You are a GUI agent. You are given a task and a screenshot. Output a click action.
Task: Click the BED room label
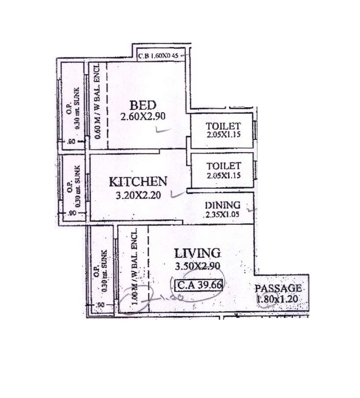coord(142,106)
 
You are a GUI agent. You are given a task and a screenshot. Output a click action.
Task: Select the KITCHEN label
coord(138,182)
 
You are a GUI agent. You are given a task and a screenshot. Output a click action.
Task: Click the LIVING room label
coord(197,253)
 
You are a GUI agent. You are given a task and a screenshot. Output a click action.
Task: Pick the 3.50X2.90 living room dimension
coord(197,266)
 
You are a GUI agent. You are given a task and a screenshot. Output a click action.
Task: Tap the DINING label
coord(223,205)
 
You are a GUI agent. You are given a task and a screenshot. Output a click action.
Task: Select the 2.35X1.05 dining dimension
coord(223,215)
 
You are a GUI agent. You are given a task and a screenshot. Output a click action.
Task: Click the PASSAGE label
coord(279,288)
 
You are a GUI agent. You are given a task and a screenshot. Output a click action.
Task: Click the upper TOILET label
coord(224,125)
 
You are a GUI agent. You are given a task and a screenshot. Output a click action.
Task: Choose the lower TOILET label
coord(224,166)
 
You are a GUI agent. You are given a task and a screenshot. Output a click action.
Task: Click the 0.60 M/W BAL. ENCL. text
coord(97,106)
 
